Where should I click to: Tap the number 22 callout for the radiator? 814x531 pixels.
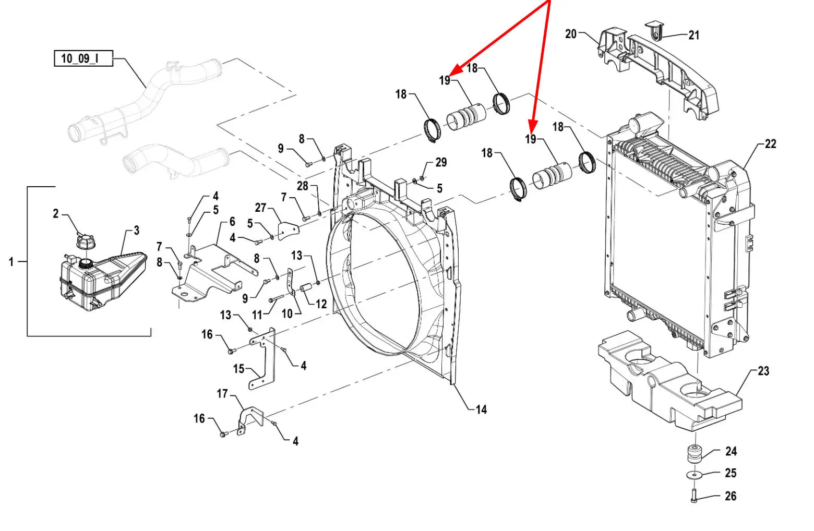tap(770, 144)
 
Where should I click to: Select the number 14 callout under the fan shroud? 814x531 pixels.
tap(481, 410)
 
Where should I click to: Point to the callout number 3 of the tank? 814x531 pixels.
tap(136, 231)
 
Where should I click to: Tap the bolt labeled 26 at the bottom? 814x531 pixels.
tap(694, 494)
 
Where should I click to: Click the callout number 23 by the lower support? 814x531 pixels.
tap(763, 371)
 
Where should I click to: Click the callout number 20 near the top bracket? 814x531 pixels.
tap(570, 34)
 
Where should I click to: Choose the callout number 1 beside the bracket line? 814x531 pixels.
tap(11, 261)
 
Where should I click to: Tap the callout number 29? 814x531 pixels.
tap(441, 162)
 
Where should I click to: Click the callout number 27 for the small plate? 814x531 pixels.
tap(260, 208)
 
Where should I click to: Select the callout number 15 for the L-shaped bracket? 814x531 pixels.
tap(238, 369)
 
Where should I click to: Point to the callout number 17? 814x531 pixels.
tap(222, 393)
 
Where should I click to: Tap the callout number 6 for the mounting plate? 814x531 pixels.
tap(232, 222)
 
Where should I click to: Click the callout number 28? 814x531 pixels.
tap(303, 186)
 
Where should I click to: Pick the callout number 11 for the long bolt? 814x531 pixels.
tap(257, 315)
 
